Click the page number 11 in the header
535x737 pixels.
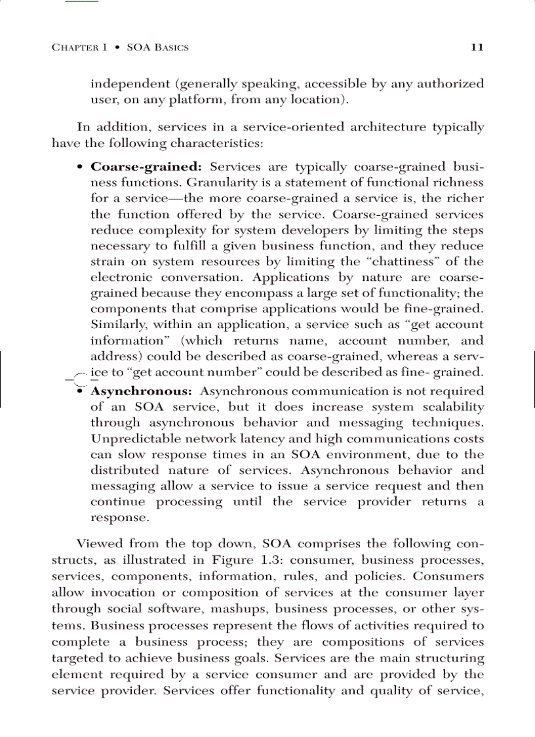(x=477, y=47)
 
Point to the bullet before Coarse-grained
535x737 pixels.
(x=79, y=167)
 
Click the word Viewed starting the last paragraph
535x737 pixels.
(x=98, y=544)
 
